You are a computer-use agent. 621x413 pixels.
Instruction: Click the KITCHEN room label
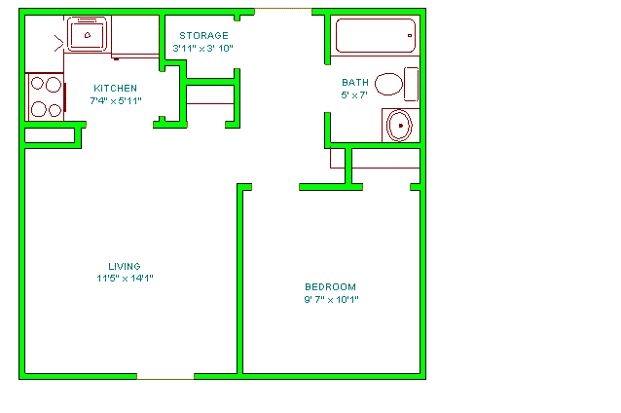coord(115,88)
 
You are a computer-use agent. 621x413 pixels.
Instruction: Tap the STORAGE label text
coord(204,36)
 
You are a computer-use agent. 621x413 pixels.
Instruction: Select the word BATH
coord(355,83)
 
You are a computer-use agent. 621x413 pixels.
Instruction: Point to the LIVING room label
coord(125,266)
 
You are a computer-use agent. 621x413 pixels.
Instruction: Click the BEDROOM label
coord(330,287)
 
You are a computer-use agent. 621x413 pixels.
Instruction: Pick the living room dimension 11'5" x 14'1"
coord(125,279)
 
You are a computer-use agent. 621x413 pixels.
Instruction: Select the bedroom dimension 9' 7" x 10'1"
coord(331,299)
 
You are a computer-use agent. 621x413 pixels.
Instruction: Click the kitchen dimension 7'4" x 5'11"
coord(116,100)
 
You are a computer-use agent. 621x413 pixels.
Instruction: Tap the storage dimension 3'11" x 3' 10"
coord(202,49)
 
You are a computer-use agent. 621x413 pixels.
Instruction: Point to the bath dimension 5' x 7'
coord(354,95)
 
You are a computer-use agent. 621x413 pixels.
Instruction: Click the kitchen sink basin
coord(88,34)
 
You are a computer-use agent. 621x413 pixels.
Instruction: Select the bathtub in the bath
coord(376,36)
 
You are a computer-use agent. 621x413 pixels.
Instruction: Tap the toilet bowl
coord(388,84)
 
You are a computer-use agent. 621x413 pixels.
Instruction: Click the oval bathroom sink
coord(399,126)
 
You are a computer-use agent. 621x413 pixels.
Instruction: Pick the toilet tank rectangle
coord(411,84)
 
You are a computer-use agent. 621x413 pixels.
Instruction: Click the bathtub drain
coord(410,36)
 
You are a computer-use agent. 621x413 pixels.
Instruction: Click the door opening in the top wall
coord(283,9)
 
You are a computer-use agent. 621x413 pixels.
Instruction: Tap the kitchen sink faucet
coord(88,35)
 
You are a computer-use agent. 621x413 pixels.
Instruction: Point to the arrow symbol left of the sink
coord(59,44)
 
